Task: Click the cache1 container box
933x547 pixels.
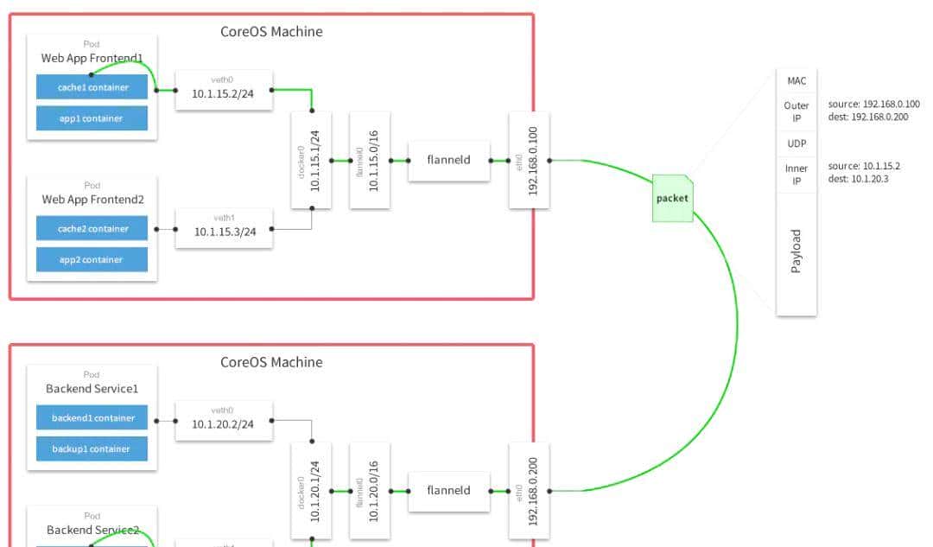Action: tap(92, 87)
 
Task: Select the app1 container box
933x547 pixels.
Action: tap(92, 118)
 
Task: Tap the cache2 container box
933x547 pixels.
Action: tap(92, 229)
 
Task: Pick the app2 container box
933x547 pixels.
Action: tap(92, 260)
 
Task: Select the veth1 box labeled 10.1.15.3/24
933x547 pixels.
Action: tap(224, 229)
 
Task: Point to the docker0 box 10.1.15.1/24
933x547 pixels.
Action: tap(311, 160)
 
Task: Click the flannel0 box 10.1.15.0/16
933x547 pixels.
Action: tap(369, 160)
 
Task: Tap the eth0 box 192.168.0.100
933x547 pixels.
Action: tap(529, 160)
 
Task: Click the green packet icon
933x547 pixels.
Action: tap(672, 199)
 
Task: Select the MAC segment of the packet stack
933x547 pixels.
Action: tap(796, 80)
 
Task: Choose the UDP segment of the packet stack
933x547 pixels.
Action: tap(796, 143)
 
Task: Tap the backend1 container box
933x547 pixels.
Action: tap(92, 418)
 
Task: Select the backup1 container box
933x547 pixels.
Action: tap(92, 449)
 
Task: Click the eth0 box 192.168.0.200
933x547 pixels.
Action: tap(529, 490)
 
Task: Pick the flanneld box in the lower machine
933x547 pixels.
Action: tap(448, 490)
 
